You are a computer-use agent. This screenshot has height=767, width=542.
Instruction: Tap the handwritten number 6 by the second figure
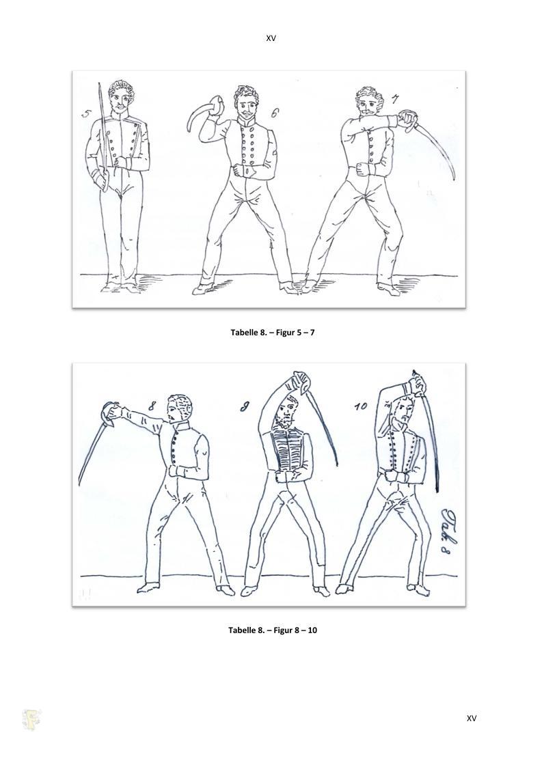tap(275, 113)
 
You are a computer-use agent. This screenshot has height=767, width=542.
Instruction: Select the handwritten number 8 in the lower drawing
tap(152, 405)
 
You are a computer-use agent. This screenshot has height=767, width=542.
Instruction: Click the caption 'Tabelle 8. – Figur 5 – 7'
tap(273, 333)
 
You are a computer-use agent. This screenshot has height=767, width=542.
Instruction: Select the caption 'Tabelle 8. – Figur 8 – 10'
tap(273, 630)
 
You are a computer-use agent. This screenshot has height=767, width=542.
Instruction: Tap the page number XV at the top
tap(271, 38)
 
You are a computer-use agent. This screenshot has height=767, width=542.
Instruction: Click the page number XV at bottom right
tap(472, 719)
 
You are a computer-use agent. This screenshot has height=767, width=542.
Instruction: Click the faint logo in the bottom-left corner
tap(31, 720)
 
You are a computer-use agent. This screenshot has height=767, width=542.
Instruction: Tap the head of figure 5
tap(122, 96)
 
